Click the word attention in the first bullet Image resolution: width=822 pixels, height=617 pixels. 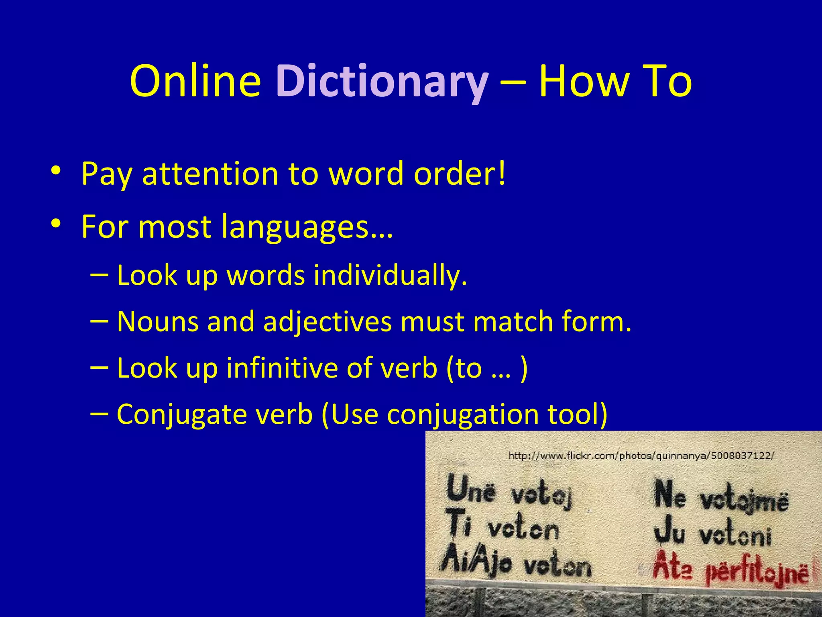[x=210, y=174]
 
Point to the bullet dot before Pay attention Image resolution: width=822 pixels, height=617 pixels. [x=56, y=170]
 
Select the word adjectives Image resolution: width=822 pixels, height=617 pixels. [x=327, y=322]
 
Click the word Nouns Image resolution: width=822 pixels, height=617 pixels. [x=157, y=322]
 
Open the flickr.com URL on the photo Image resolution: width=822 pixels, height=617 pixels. [x=641, y=456]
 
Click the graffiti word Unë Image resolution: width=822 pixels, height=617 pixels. [x=471, y=488]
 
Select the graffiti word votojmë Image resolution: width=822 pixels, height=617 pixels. [x=745, y=501]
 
